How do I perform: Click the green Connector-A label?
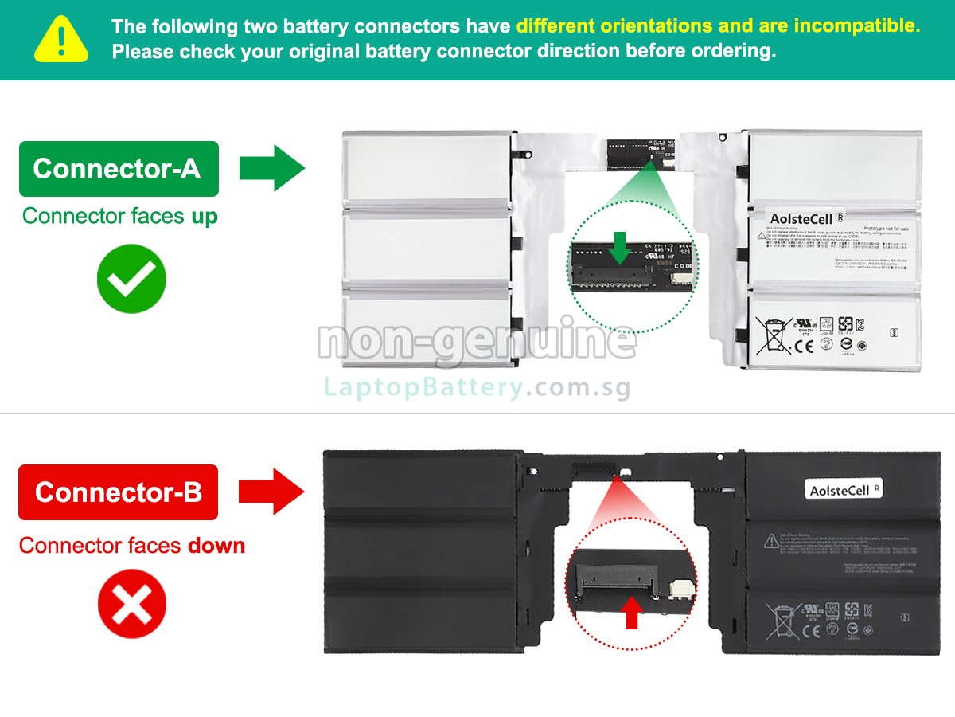[118, 169]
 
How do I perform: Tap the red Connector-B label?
[118, 492]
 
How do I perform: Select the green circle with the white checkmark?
[131, 279]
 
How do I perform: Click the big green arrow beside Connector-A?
[271, 168]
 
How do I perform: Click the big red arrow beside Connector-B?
[271, 491]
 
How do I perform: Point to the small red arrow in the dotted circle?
[632, 613]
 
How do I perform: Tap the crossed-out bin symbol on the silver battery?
[771, 335]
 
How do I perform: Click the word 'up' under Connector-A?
[204, 217]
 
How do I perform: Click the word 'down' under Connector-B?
[216, 546]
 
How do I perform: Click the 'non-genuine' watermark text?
[477, 341]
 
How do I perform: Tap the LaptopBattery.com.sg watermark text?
[477, 388]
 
